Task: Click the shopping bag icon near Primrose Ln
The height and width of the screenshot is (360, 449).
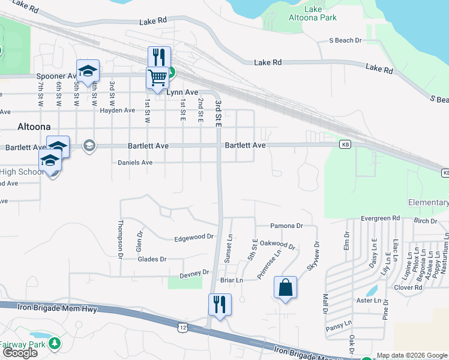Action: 285,287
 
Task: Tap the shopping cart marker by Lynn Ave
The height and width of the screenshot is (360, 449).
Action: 157,77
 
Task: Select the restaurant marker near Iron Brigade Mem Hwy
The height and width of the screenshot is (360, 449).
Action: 220,304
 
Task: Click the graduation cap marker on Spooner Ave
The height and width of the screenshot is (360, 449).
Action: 88,71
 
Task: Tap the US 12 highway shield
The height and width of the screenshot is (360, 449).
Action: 182,327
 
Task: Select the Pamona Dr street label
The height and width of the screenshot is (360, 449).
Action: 286,226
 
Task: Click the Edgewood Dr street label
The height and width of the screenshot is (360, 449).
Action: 194,237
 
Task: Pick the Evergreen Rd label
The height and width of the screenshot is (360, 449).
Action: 380,218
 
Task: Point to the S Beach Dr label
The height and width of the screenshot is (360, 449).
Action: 346,40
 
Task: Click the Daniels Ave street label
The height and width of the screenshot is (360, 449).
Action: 135,163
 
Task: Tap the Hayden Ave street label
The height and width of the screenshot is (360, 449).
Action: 118,110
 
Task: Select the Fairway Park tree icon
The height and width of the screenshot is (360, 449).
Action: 55,343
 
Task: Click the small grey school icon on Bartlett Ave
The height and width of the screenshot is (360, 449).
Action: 89,146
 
